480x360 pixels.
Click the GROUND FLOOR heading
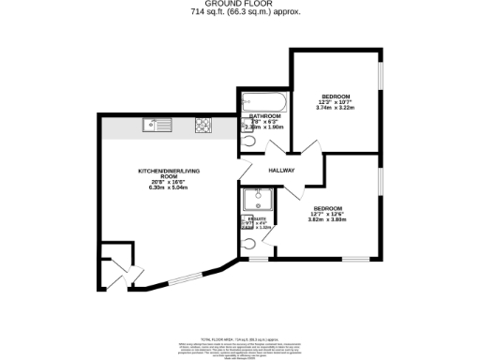[x=239, y=5]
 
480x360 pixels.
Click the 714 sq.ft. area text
[x=239, y=13]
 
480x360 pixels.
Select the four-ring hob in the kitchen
[x=202, y=125]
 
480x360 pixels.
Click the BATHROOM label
[x=264, y=116]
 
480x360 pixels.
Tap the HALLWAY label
[x=281, y=171]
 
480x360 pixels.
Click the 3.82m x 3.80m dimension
[x=328, y=220]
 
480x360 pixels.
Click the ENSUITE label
[x=258, y=217]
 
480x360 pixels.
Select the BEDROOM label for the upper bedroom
[x=336, y=97]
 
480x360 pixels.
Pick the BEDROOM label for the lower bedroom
[x=328, y=207]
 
